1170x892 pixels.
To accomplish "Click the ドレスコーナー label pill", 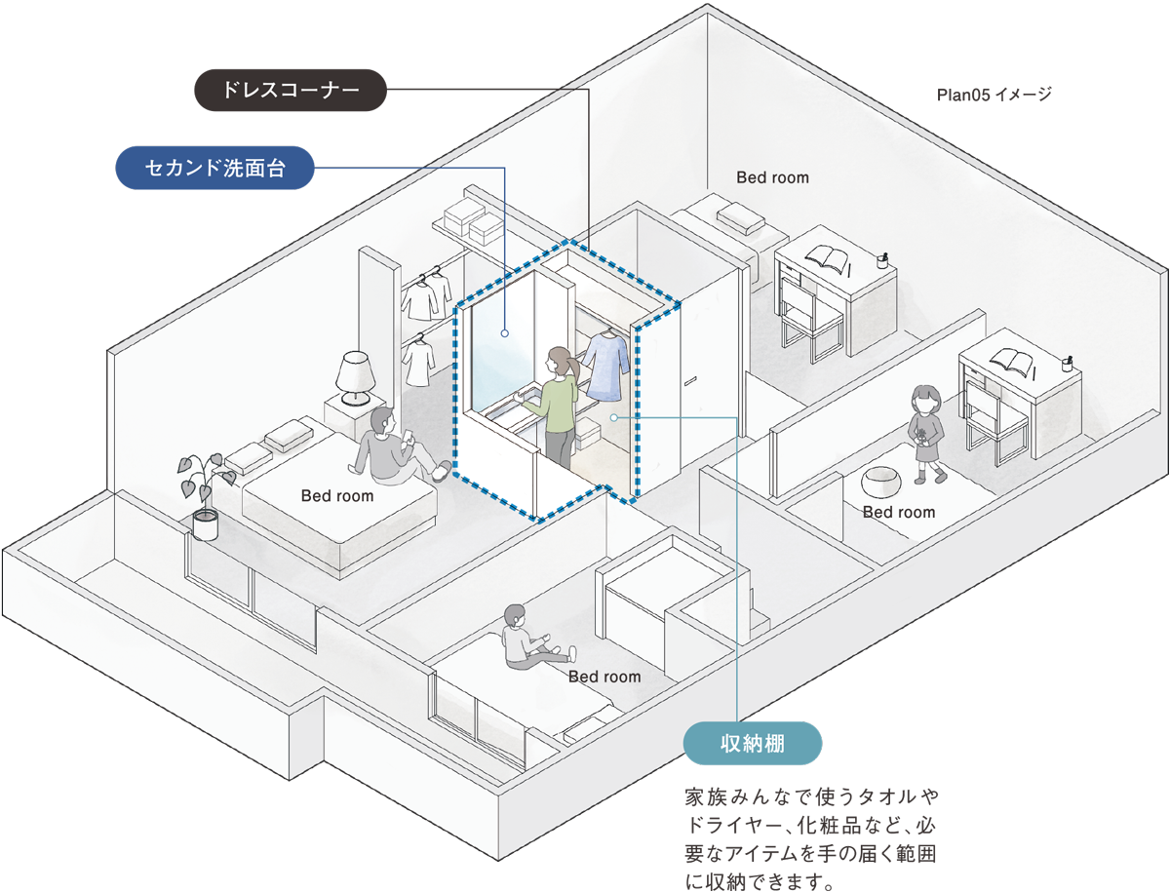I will click(x=291, y=92).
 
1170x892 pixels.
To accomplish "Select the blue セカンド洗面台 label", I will click(x=214, y=168).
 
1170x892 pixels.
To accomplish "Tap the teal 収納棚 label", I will click(x=753, y=744).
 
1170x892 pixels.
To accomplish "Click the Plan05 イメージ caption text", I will click(x=994, y=95).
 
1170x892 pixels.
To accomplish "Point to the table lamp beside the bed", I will click(x=354, y=377).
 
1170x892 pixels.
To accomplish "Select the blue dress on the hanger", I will click(x=608, y=366).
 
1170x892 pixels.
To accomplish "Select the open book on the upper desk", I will click(x=828, y=259).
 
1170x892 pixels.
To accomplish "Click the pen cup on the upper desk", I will click(x=882, y=260).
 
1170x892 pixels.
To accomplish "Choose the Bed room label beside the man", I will click(x=336, y=496).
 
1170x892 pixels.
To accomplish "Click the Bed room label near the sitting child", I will click(x=604, y=677).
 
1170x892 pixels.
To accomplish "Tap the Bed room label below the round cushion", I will click(x=898, y=512).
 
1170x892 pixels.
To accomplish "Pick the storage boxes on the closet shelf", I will click(x=471, y=222).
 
